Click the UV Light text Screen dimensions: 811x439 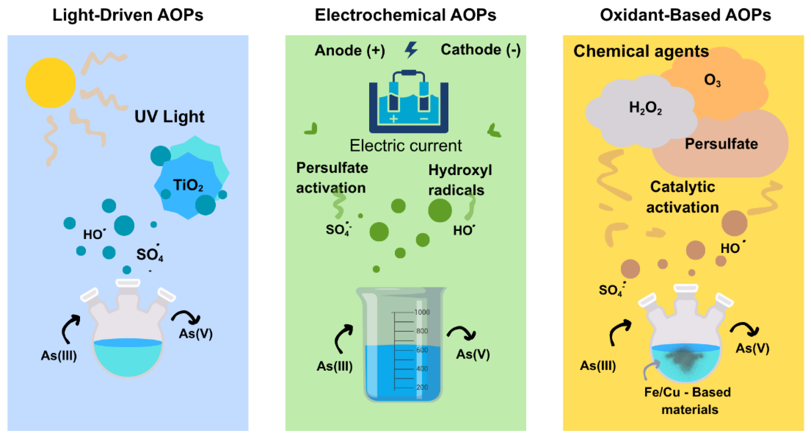(x=169, y=116)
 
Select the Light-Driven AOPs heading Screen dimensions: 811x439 (x=128, y=15)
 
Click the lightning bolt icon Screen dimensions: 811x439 (x=411, y=50)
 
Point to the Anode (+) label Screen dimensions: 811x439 (x=350, y=50)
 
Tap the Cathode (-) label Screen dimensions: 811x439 (x=480, y=50)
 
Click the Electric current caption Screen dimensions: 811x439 (x=406, y=145)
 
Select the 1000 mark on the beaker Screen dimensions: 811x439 (x=422, y=312)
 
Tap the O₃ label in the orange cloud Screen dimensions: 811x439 (x=712, y=80)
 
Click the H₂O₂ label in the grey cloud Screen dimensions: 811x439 (x=645, y=108)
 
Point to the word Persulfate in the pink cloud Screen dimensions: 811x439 (x=721, y=144)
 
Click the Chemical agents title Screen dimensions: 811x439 (x=641, y=51)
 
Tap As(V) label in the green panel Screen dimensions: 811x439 (x=473, y=354)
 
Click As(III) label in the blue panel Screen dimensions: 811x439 (x=59, y=356)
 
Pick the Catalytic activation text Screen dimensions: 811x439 (x=682, y=197)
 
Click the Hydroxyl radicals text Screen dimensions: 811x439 (x=460, y=180)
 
